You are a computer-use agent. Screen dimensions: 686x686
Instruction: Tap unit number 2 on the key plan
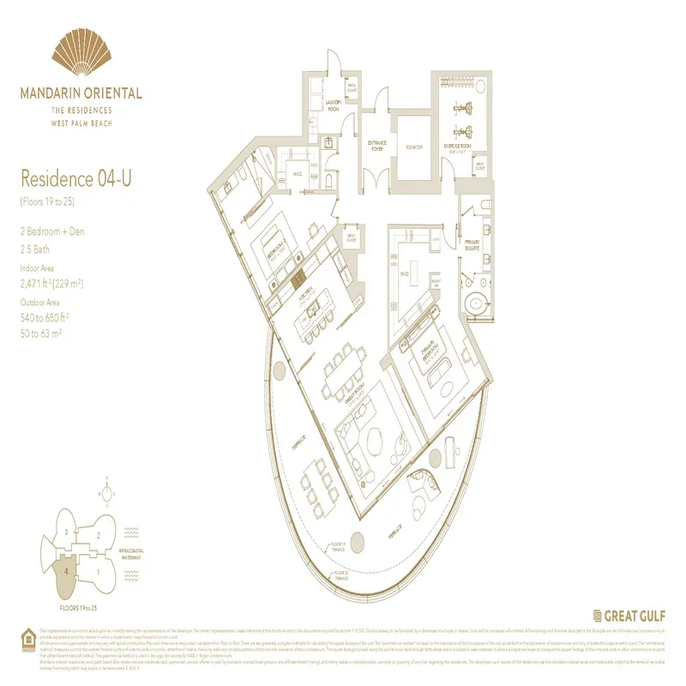[x=99, y=535]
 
